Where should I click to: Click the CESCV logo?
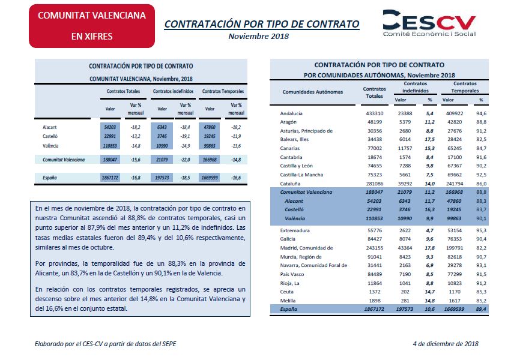point(429,23)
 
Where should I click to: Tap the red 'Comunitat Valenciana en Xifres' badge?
point(92,26)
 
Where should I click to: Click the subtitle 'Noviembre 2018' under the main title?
point(259,37)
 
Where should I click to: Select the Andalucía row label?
point(291,113)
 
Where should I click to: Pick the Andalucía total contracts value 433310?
point(375,113)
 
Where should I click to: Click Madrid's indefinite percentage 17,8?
point(429,248)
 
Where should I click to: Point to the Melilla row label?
point(288,301)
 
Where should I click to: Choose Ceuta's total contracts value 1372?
point(375,292)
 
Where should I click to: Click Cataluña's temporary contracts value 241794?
point(455,184)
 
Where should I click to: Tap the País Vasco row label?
point(292,274)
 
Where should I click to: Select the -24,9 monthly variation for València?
point(185,146)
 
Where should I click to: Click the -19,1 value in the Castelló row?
point(185,136)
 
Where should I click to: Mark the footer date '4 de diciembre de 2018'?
point(446,344)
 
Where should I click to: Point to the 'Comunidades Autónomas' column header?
point(312,92)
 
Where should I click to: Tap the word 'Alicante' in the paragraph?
point(47,273)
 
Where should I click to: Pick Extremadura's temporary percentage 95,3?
point(481,230)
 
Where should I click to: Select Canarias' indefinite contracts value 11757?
point(405,148)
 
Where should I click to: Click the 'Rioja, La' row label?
point(289,283)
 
